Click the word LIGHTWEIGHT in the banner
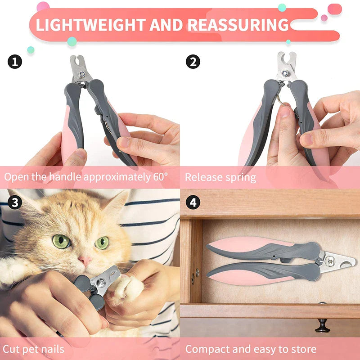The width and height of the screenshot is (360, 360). click(x=91, y=25)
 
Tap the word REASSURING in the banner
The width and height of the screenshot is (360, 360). click(x=238, y=25)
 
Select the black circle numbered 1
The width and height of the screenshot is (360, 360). click(x=15, y=62)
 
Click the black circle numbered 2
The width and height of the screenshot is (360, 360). click(x=193, y=62)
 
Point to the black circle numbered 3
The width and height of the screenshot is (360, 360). click(x=15, y=202)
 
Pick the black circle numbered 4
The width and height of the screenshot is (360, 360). click(x=193, y=202)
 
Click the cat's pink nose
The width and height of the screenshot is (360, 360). click(x=85, y=260)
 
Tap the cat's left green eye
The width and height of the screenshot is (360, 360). click(x=62, y=241)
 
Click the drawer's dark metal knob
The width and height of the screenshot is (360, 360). click(x=322, y=326)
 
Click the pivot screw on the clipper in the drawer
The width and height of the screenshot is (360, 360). click(x=330, y=261)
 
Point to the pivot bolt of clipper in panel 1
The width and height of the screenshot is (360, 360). click(x=82, y=74)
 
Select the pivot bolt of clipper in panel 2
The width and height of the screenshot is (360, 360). click(x=285, y=73)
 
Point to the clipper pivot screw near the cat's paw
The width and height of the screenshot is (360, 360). click(x=101, y=283)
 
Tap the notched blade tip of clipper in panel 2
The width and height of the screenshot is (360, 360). click(x=287, y=58)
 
